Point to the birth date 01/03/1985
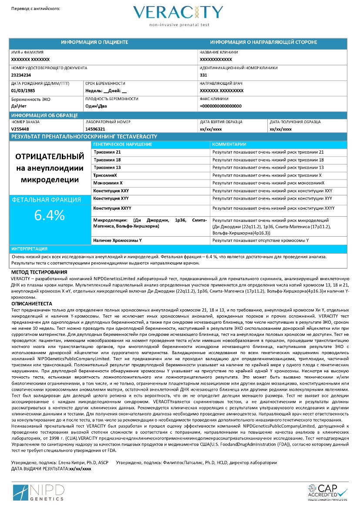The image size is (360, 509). coord(23,90)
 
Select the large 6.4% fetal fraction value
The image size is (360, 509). coord(49,215)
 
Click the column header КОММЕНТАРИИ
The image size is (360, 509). coord(229,144)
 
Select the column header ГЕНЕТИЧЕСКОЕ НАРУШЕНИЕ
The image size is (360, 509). coord(123,144)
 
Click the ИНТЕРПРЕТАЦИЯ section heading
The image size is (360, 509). coord(30,249)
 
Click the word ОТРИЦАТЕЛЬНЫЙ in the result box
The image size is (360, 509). coord(50,156)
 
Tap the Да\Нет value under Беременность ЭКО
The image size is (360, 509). coord(19,106)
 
